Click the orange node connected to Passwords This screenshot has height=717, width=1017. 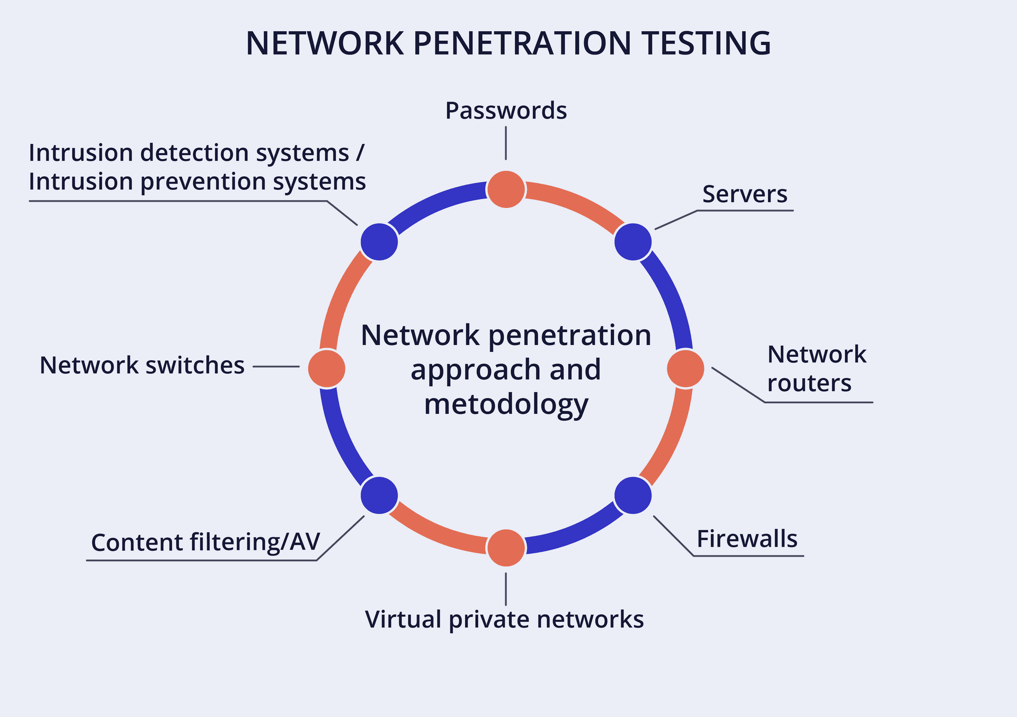pos(506,189)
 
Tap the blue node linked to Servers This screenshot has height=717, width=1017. pos(633,242)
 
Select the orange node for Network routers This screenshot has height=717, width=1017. pos(685,369)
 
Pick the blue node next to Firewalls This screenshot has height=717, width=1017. pos(633,495)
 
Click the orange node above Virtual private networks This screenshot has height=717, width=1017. pos(506,548)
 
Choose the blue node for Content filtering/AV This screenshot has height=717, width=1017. pos(379,495)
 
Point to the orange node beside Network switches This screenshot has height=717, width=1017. pos(327,368)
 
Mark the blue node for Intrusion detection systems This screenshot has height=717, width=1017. pos(379,242)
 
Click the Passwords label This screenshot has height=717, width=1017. pos(506,111)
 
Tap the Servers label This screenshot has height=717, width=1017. pos(745,194)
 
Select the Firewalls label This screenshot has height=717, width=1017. pos(747,539)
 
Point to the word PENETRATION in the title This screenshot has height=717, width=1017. pos(522,43)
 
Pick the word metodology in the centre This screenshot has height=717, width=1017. pos(506,405)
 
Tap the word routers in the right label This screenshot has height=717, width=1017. pos(809,383)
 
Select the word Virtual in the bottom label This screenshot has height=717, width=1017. pos(403,620)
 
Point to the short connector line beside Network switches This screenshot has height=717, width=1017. pos(276,366)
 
